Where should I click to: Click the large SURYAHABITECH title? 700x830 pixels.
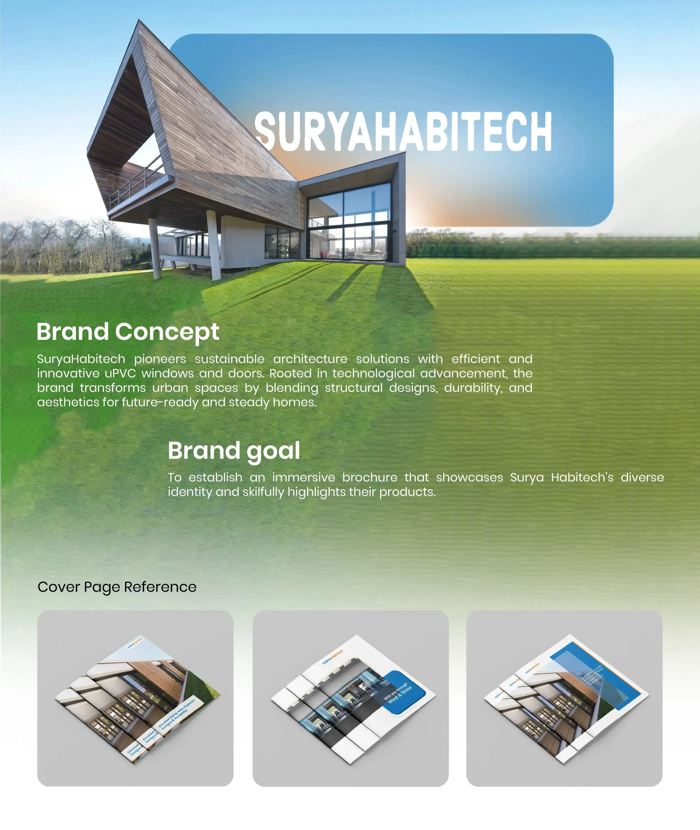[x=403, y=131]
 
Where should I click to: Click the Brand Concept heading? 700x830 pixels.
[x=128, y=332]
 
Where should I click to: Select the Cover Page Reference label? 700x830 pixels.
[x=117, y=587]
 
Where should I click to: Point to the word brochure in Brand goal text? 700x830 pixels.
[x=369, y=478]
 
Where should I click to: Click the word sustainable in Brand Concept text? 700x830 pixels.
[x=229, y=359]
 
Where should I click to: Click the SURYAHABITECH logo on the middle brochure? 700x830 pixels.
[x=332, y=657]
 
